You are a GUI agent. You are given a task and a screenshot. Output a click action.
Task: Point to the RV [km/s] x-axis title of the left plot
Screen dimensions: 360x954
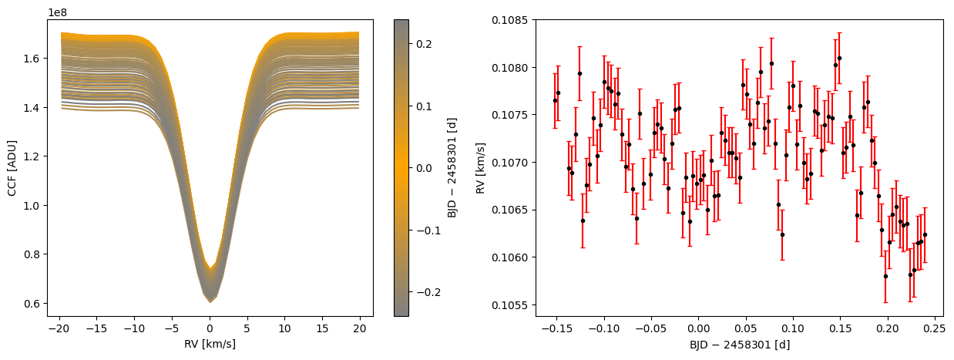[210, 344]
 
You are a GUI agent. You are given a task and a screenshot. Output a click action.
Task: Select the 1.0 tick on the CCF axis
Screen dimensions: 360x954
[32, 206]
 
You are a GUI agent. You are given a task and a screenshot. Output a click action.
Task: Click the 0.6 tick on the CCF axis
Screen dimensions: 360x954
[32, 304]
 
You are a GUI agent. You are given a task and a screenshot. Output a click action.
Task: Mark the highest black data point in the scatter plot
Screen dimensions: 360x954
[839, 58]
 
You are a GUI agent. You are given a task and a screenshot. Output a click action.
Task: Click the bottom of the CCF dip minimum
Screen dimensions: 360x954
[210, 301]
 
